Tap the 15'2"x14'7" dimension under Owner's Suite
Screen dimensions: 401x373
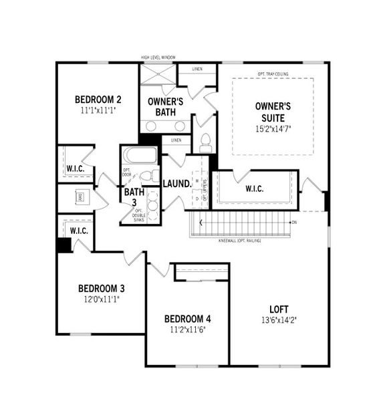[273, 128]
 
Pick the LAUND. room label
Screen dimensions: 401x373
[177, 183]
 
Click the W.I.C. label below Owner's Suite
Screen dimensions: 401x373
[254, 188]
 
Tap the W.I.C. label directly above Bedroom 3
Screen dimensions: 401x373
[79, 231]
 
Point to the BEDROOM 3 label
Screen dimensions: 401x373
[102, 289]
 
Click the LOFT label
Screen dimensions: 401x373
[279, 309]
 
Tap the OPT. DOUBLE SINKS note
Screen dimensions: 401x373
[138, 215]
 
